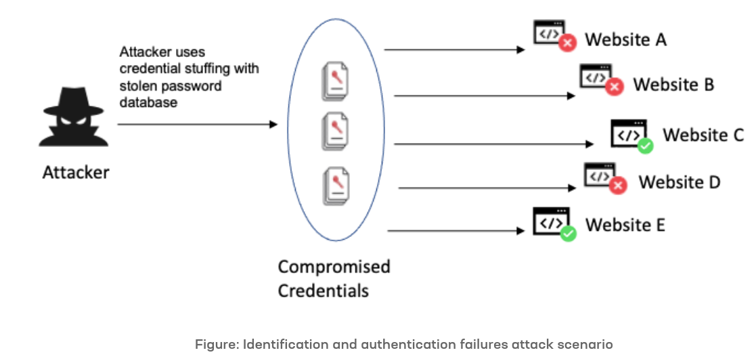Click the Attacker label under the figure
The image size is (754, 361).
[x=76, y=173]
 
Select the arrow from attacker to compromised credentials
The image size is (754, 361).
[x=197, y=125]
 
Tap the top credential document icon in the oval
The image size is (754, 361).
[x=336, y=83]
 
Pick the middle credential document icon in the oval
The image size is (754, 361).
[x=336, y=131]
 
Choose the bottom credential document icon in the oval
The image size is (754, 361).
[x=336, y=187]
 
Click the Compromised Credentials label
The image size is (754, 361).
[x=334, y=278]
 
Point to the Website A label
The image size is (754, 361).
[x=625, y=40]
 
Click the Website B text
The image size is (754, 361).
[x=673, y=85]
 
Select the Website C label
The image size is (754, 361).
[x=703, y=135]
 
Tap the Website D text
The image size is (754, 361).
[x=680, y=182]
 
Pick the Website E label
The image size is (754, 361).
[x=625, y=224]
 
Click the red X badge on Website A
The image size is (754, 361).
[x=567, y=43]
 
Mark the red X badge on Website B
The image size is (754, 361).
[x=614, y=87]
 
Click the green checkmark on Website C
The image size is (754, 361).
[x=646, y=145]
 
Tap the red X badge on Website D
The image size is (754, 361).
[x=617, y=185]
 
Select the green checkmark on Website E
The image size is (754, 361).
[x=568, y=234]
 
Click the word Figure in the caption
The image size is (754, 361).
[x=214, y=345]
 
